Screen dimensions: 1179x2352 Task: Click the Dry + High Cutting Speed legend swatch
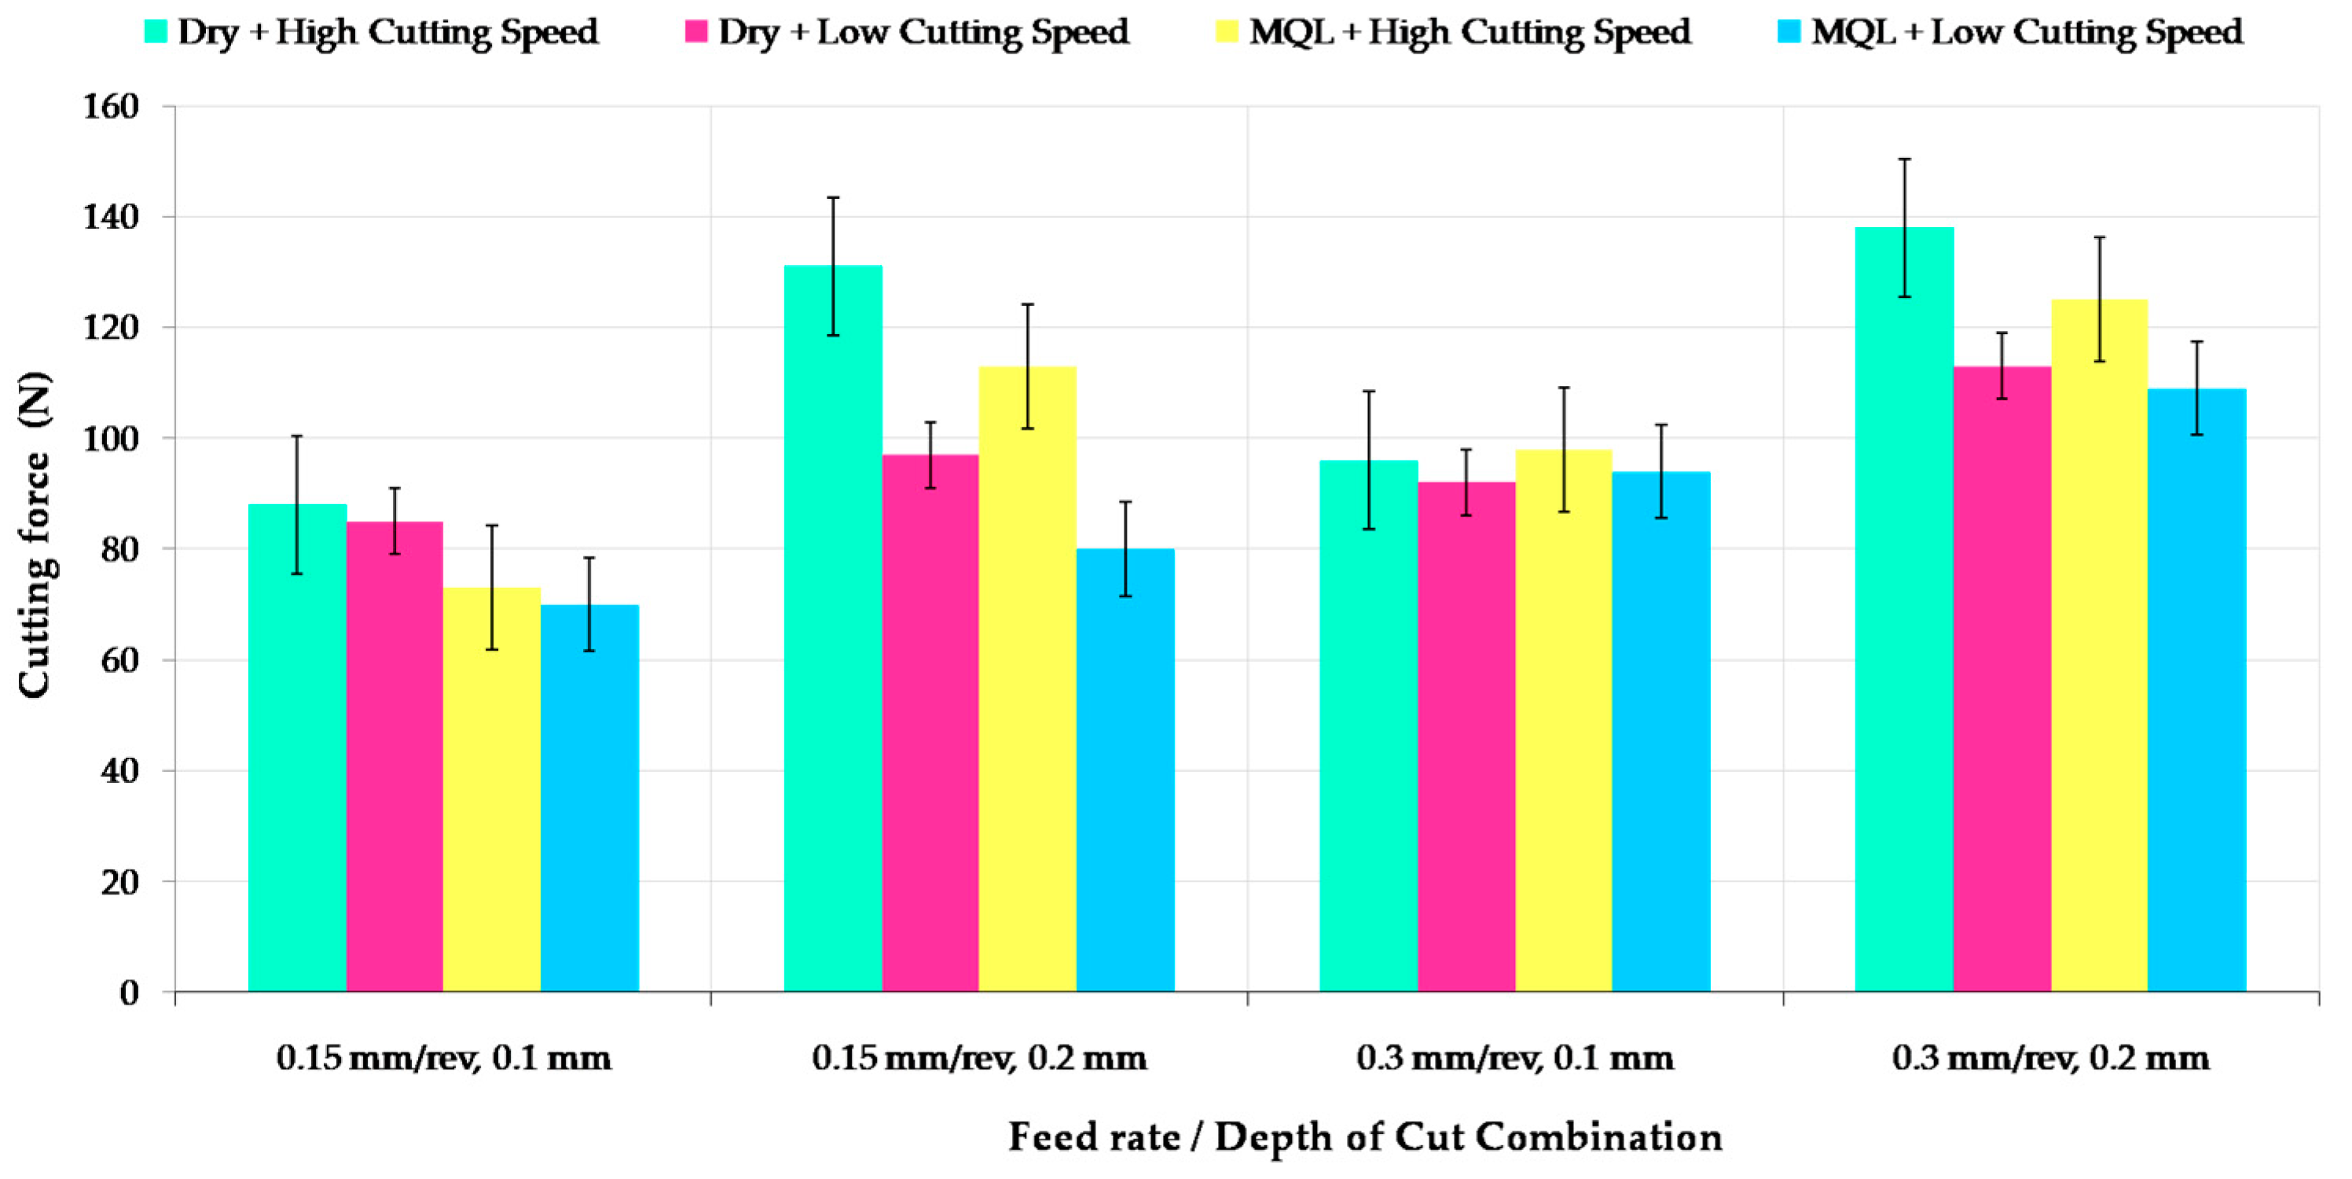(x=156, y=32)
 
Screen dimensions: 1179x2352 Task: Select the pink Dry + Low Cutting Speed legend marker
(x=695, y=32)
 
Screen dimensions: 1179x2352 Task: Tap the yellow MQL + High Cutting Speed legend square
(x=1227, y=32)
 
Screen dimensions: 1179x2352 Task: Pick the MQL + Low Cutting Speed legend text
(x=2026, y=32)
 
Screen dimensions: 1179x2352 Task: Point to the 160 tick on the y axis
(x=112, y=107)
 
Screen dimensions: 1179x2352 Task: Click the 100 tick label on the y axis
(x=112, y=439)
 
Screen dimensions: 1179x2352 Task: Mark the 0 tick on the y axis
(x=129, y=993)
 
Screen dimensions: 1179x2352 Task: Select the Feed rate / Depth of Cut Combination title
(x=1364, y=1137)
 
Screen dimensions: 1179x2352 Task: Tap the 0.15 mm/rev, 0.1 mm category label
(x=444, y=1059)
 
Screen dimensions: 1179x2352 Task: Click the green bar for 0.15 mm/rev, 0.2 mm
(x=833, y=630)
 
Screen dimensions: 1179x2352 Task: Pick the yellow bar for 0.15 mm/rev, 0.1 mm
(x=492, y=790)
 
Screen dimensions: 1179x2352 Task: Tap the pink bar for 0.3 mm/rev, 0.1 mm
(x=1466, y=738)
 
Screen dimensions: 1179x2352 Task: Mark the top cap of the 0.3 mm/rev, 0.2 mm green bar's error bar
(x=1905, y=159)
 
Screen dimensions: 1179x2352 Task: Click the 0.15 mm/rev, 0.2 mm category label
(x=979, y=1059)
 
